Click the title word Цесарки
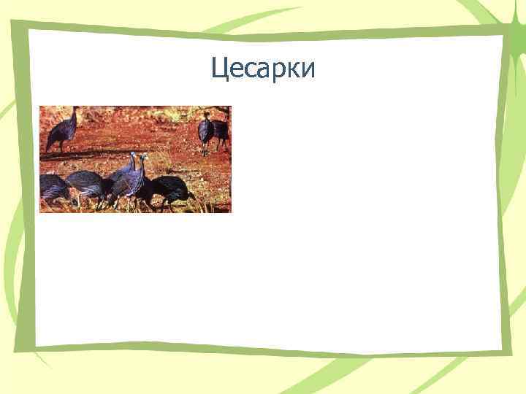click(x=263, y=69)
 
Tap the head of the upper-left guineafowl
click(x=75, y=109)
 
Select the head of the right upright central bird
click(x=144, y=156)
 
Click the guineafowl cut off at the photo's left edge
click(x=53, y=188)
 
